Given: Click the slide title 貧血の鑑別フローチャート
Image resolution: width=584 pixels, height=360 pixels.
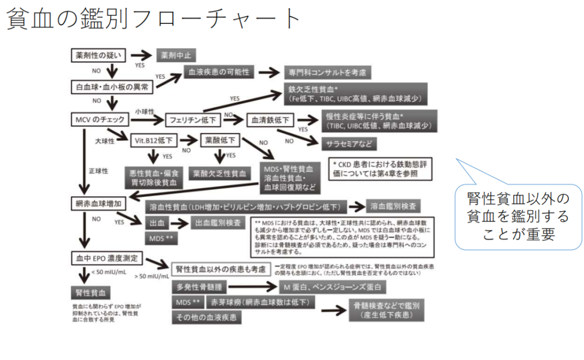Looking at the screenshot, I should [153, 19].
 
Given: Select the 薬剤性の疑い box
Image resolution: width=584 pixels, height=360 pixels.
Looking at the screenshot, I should [95, 55].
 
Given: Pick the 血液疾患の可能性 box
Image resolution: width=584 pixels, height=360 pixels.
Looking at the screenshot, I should [220, 73].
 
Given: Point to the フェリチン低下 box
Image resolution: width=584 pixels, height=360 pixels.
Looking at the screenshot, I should [193, 120].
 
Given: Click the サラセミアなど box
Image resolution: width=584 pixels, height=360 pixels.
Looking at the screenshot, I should [350, 142].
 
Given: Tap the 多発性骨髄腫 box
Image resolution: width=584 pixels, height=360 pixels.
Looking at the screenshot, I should [203, 287].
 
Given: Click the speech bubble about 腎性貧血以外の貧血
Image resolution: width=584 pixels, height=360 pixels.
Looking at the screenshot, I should [518, 217].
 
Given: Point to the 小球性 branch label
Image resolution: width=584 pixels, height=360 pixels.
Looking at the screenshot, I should [145, 111].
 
